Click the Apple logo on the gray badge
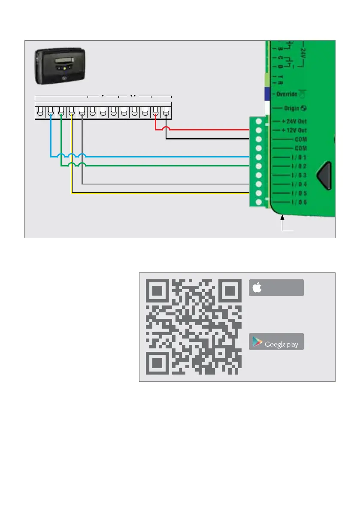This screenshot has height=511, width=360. (257, 288)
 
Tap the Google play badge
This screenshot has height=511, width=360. (276, 342)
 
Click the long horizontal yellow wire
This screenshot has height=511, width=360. (163, 193)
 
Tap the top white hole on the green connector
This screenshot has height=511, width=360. (259, 121)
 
